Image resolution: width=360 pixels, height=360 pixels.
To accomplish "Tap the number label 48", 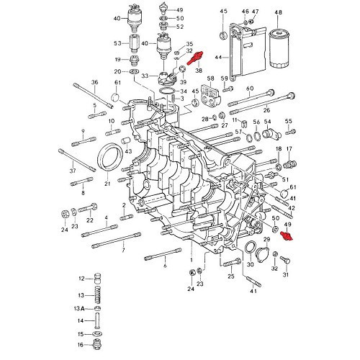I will pyautogui.click(x=279, y=12).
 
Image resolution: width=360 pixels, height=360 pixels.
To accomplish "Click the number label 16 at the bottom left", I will pyautogui.click(x=81, y=345).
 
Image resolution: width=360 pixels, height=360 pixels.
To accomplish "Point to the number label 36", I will pyautogui.click(x=94, y=84).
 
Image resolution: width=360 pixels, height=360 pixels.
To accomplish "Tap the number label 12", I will pyautogui.click(x=81, y=278).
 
